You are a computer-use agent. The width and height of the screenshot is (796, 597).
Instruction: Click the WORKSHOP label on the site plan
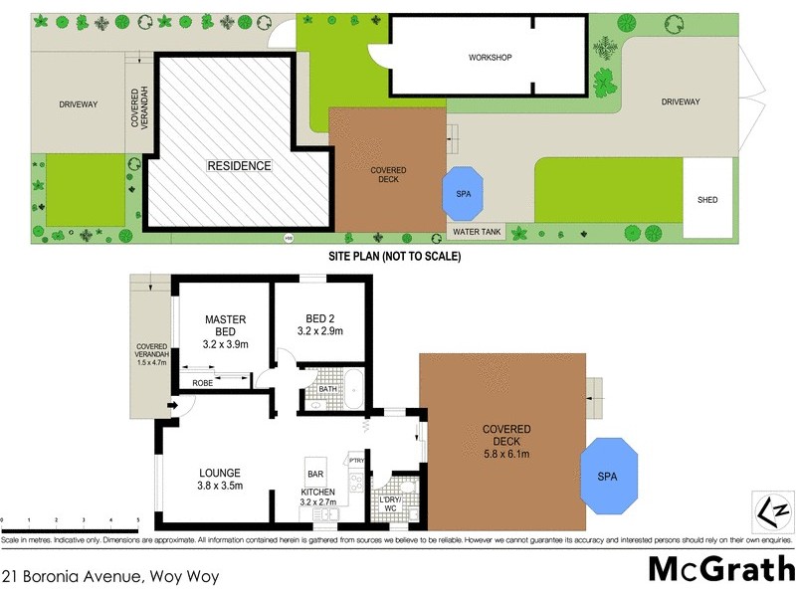pos(490,58)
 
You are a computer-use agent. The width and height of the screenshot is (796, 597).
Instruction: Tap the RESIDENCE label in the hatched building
pos(239,166)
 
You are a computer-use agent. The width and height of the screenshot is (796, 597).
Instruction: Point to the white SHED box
pos(707,200)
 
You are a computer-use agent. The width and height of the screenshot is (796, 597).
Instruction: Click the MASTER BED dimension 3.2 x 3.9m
pos(225,344)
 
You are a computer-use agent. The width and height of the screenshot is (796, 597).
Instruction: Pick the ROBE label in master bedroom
pos(202,382)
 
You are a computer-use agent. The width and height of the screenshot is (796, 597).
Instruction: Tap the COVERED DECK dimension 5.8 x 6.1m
pos(506,455)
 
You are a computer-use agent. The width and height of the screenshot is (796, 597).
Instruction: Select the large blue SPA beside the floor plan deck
pos(606,477)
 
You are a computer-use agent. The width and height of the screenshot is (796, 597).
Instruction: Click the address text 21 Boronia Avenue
pos(109,575)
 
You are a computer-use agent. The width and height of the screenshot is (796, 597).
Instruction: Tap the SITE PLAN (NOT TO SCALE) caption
pos(395,256)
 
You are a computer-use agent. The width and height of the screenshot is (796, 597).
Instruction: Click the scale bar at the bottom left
pos(70,520)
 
